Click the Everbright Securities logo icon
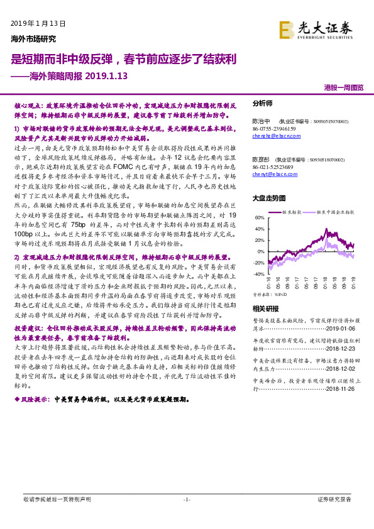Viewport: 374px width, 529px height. point(287,29)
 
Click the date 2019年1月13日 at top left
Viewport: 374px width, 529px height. point(38,23)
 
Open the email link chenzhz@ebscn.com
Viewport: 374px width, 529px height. point(270,135)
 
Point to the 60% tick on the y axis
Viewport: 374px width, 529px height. point(260,217)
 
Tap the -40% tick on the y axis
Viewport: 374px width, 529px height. point(258,275)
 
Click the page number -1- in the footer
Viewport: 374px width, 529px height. point(186,499)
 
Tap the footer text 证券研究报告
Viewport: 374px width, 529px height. point(334,499)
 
